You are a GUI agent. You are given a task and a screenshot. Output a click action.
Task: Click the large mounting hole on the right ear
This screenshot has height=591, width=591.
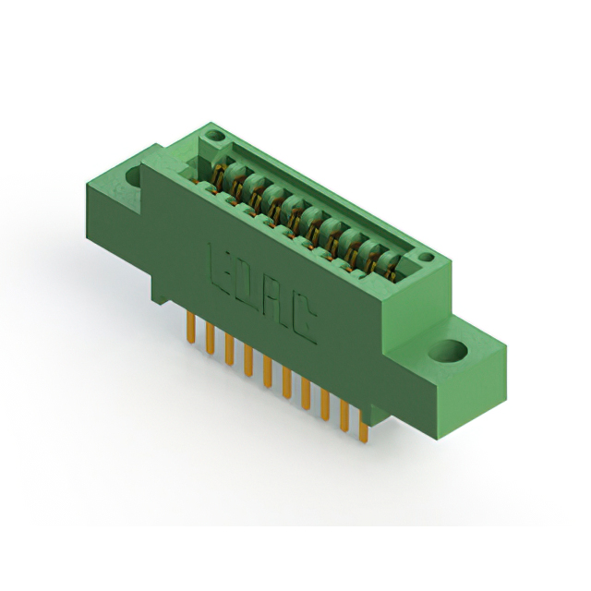[448, 350]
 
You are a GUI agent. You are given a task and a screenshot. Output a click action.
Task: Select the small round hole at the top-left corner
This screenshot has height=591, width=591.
[215, 135]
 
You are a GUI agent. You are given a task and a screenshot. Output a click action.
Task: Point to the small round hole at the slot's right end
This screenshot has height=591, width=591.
[427, 257]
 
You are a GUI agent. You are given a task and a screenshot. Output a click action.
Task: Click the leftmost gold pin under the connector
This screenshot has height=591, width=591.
[191, 328]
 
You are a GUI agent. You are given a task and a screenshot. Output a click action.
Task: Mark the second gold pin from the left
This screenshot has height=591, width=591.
[210, 338]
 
